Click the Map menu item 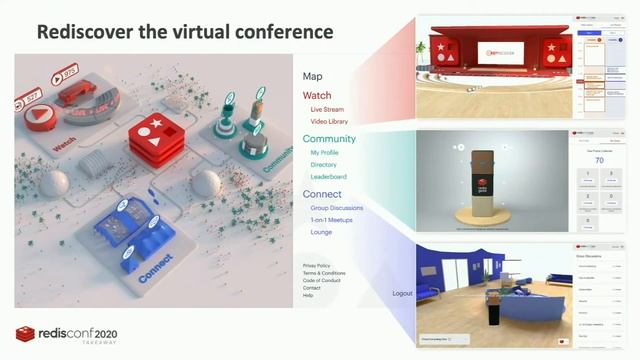click(x=312, y=77)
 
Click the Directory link click(x=324, y=164)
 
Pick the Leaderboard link click(x=328, y=176)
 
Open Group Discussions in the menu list click(x=337, y=208)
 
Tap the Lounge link click(x=321, y=231)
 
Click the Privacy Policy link click(x=317, y=265)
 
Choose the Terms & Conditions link click(x=324, y=273)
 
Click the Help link click(x=308, y=295)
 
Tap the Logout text click(x=402, y=293)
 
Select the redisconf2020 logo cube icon click(x=25, y=334)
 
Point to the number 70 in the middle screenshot click(x=598, y=159)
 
